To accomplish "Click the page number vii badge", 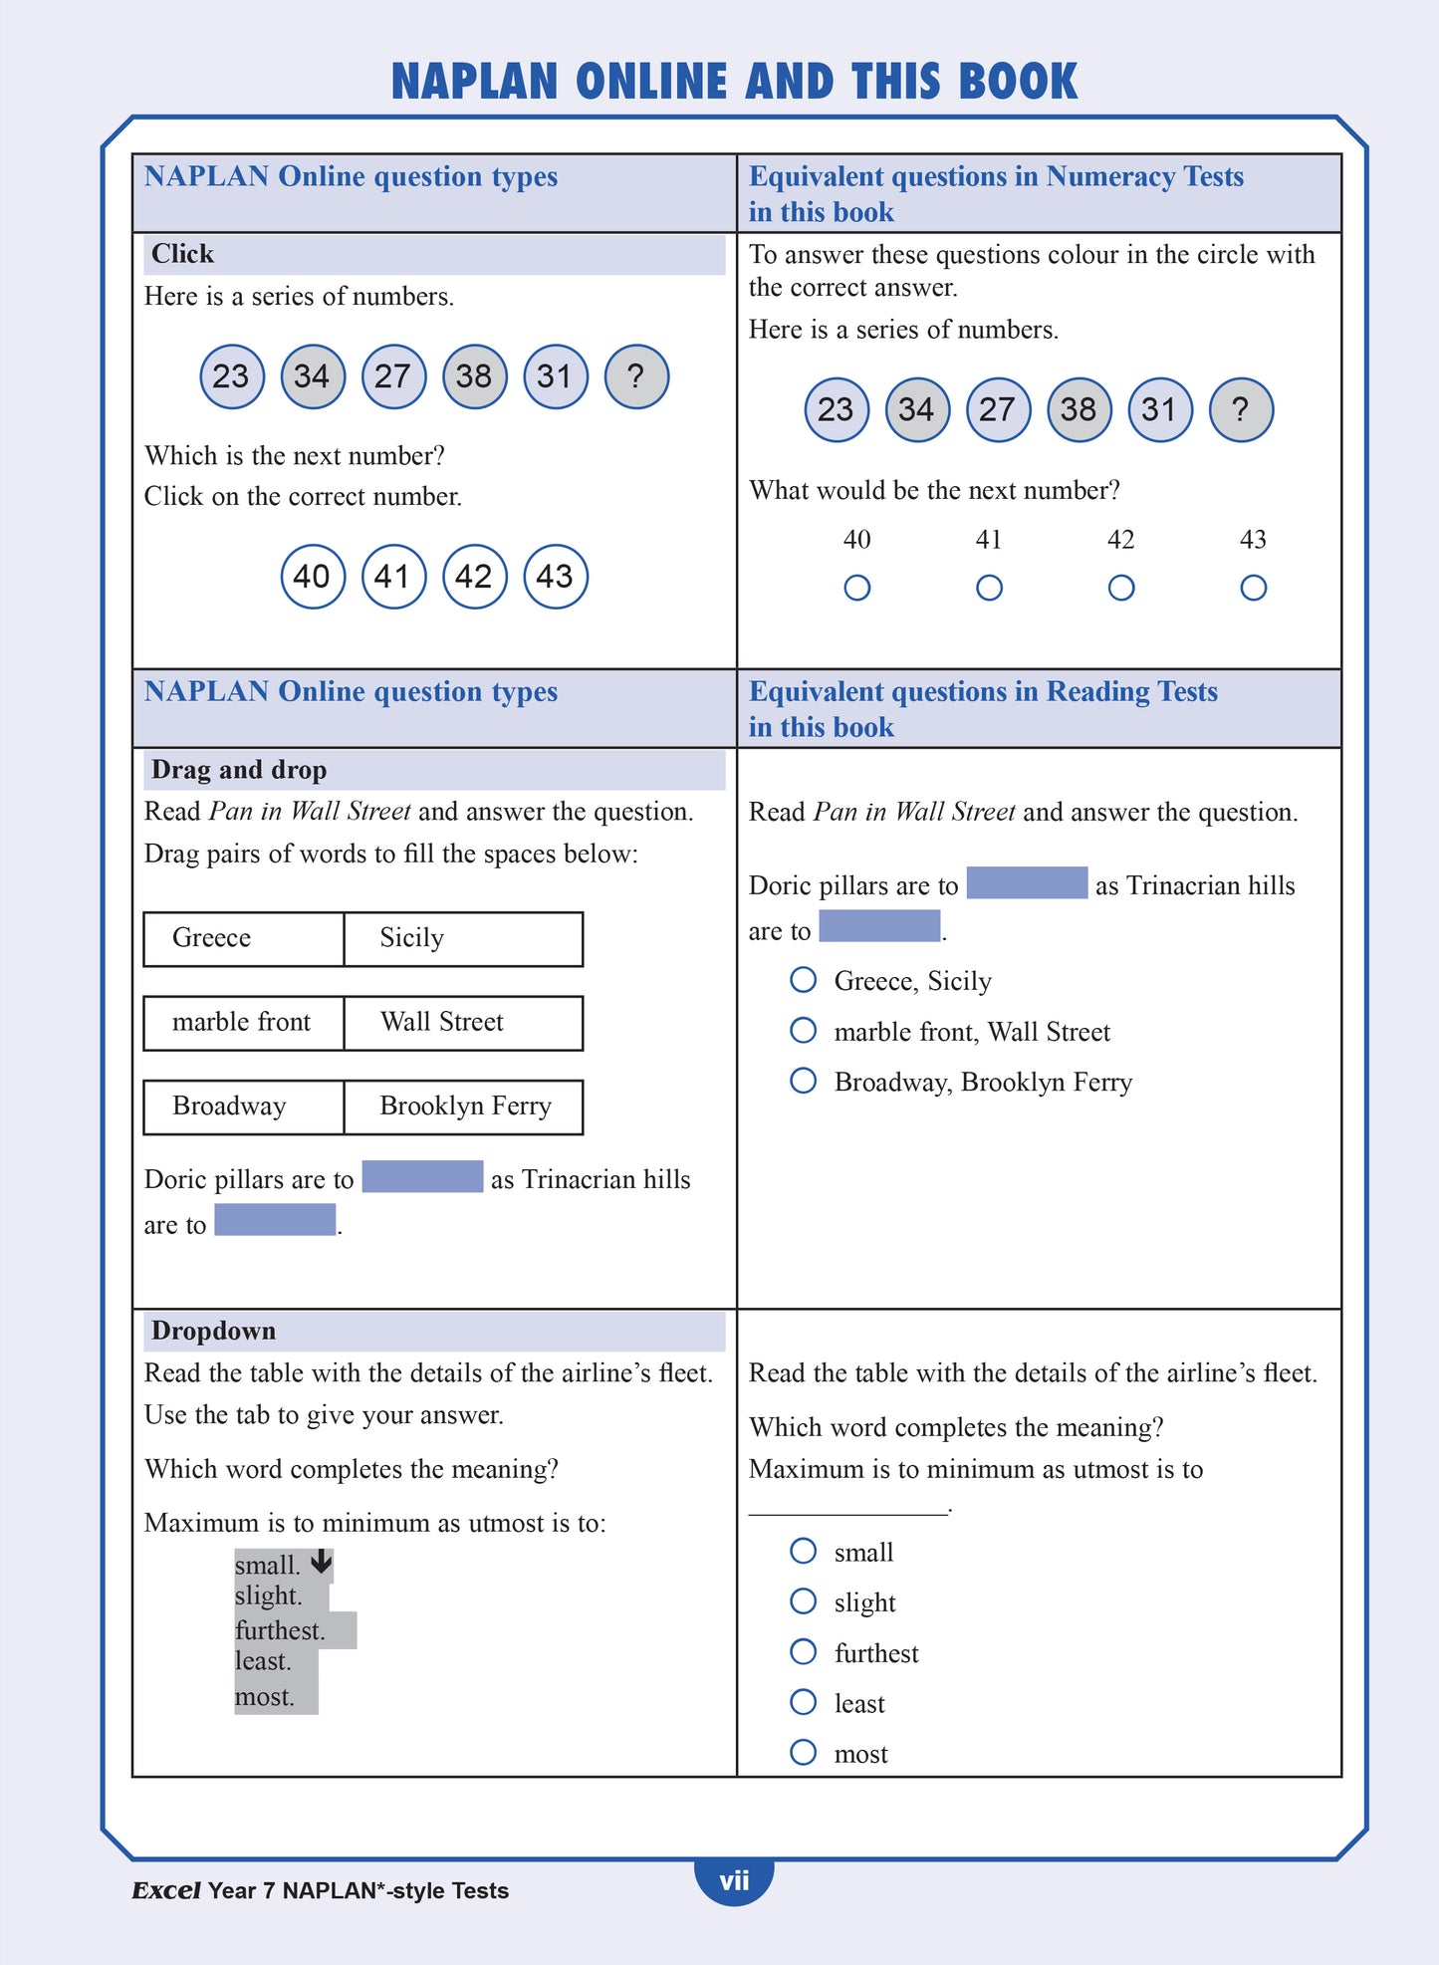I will (734, 1880).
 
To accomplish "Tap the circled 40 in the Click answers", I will (313, 576).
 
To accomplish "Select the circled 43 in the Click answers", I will (556, 576).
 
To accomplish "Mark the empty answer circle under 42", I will (1121, 588).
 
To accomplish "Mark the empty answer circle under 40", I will (856, 588).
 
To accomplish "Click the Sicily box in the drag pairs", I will (463, 938).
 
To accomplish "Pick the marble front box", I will (244, 1023).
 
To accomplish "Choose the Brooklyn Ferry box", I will (463, 1106).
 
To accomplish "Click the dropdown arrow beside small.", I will (321, 1562).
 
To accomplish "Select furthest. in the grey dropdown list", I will (281, 1630).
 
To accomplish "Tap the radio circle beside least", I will (803, 1701).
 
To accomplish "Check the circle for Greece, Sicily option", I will (803, 979).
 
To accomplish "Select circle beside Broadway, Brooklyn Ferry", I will (803, 1080).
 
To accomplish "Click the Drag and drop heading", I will (239, 770).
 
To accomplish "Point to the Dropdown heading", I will (213, 1331).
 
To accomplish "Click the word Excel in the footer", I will (165, 1890).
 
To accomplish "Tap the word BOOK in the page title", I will (1018, 82).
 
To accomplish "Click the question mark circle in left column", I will (636, 376).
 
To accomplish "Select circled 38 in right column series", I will (1079, 409).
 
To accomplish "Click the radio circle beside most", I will (803, 1752).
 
